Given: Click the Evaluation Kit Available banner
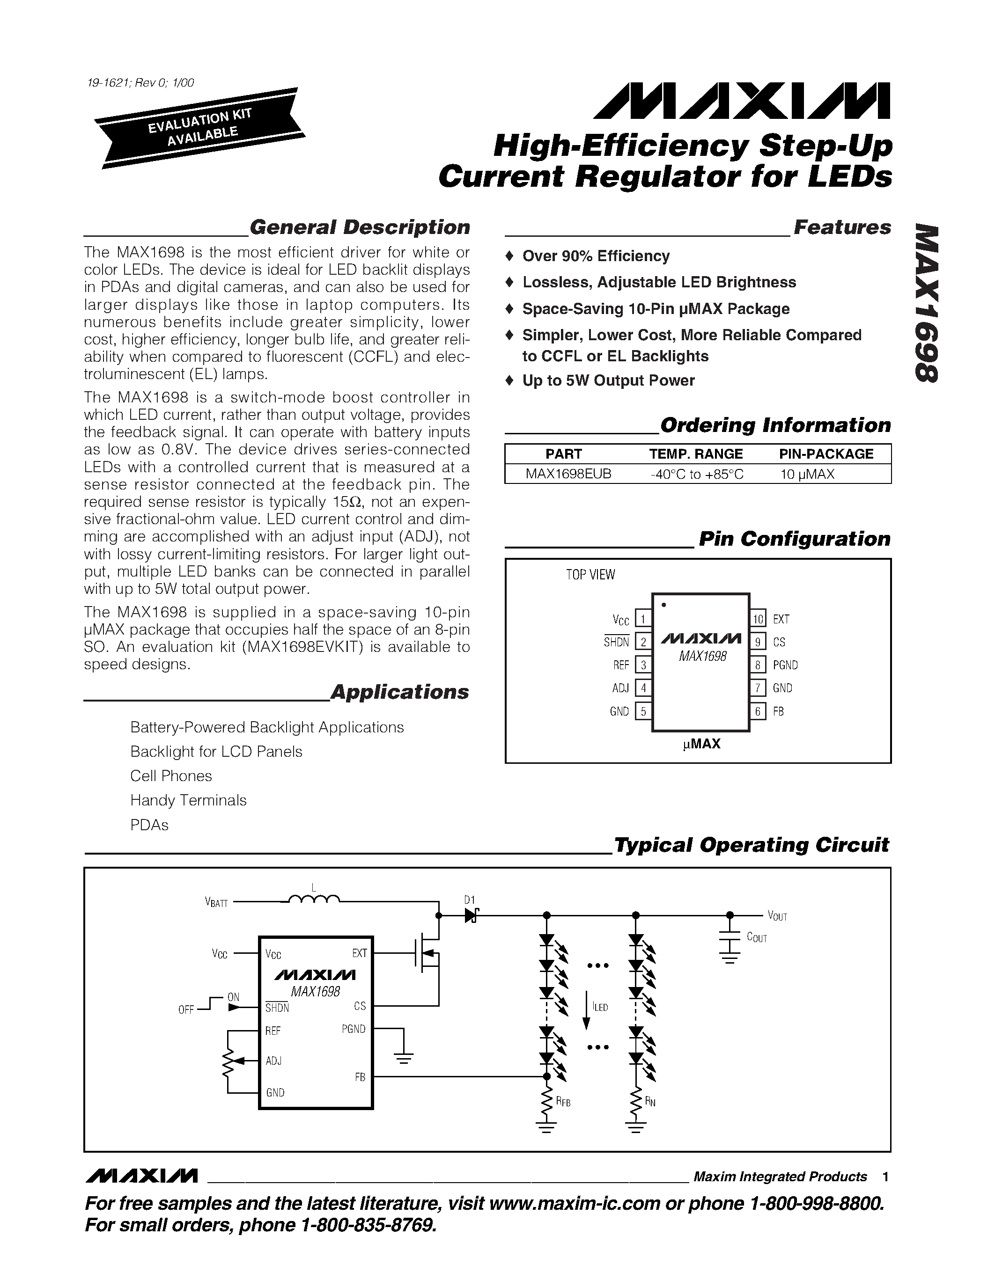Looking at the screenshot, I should [x=200, y=128].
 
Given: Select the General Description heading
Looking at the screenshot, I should [x=360, y=227].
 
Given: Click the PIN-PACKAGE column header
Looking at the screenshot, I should [x=826, y=454].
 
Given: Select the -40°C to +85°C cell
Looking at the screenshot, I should [x=697, y=474].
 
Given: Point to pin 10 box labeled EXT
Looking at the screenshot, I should [x=758, y=619].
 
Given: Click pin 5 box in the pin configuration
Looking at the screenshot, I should [x=643, y=711].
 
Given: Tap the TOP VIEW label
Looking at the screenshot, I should [x=590, y=575].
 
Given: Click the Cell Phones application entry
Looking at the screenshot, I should [x=171, y=775].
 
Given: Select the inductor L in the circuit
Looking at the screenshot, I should [x=314, y=899].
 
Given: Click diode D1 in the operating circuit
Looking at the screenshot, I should [x=471, y=915].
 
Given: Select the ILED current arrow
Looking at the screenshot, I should [x=586, y=1010].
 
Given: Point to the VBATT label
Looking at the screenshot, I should [x=216, y=902].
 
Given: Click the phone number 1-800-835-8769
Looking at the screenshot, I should [x=369, y=1225].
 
